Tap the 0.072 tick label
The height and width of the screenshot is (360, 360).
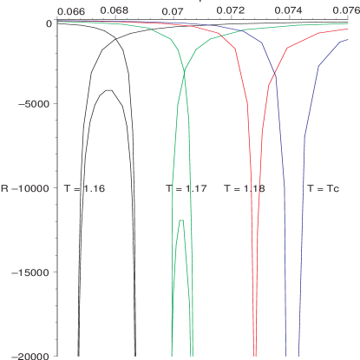[231, 11]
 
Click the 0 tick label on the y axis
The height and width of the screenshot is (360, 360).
[50, 23]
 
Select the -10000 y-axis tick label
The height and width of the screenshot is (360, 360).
[31, 187]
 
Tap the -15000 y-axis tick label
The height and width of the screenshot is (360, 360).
[31, 272]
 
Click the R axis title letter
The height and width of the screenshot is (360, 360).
[5, 187]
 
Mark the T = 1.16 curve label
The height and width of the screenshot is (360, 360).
[84, 187]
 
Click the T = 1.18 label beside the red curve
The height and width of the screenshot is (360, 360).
[244, 187]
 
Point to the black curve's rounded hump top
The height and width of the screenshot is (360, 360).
[108, 90]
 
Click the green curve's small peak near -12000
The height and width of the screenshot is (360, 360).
[180, 222]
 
